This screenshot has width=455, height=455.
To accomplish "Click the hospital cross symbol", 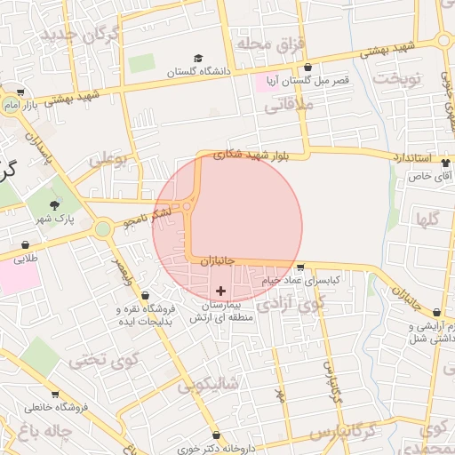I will [221, 291].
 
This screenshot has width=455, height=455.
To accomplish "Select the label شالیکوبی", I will [208, 385].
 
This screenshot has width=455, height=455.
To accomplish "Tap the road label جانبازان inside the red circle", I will [216, 261].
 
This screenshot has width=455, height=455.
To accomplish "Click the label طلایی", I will [25, 258].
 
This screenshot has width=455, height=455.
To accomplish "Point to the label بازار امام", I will [25, 106].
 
